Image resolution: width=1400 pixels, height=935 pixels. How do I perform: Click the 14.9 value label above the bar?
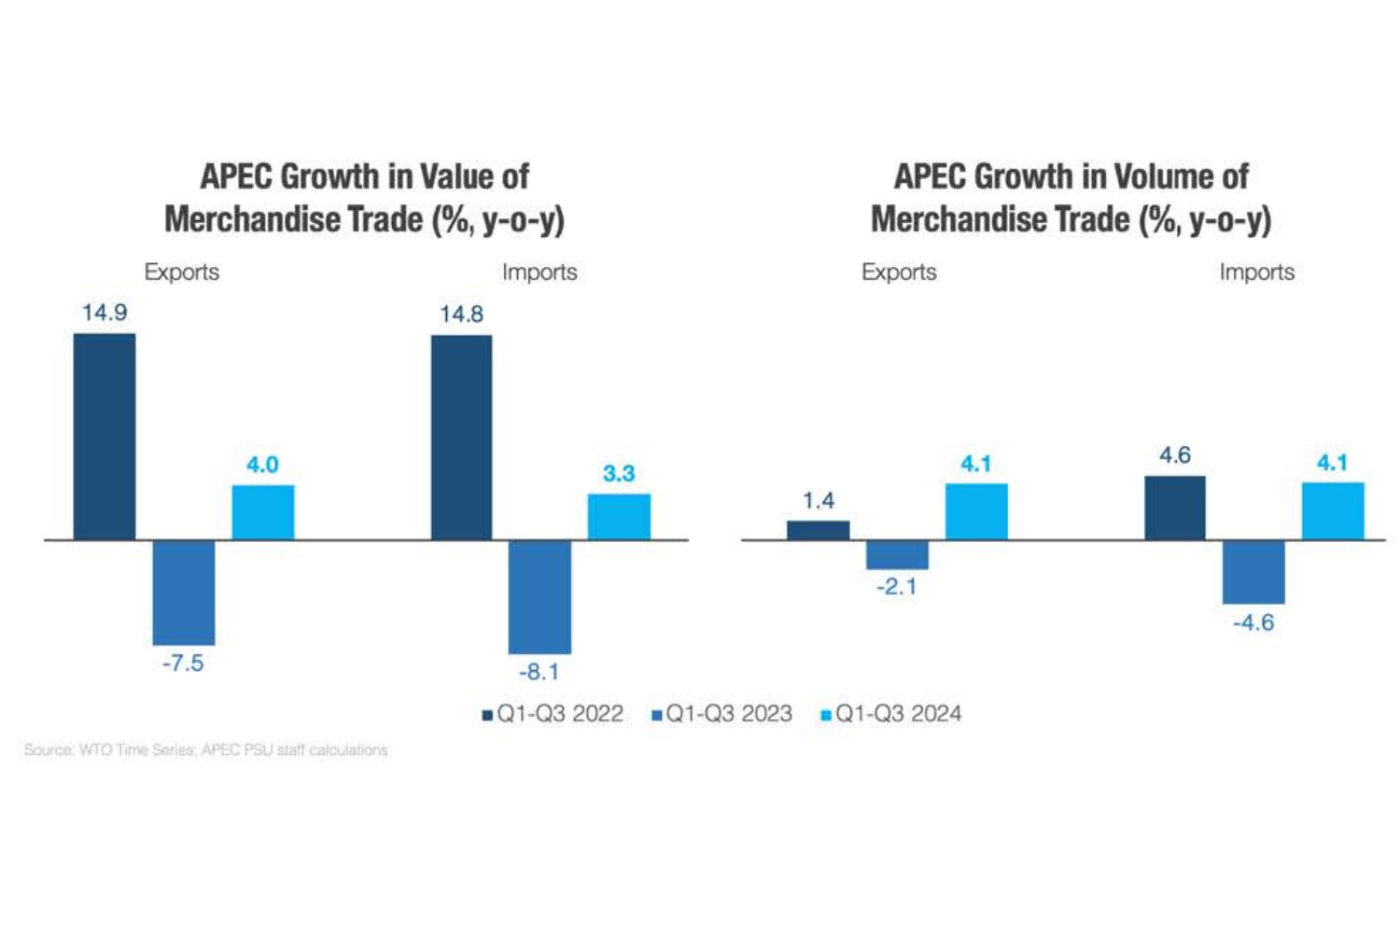coord(105,313)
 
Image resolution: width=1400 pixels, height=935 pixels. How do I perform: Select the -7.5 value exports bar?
coord(184,593)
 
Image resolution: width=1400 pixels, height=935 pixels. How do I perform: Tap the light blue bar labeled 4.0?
coord(263,512)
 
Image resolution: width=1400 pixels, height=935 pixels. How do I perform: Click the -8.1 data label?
coord(539,672)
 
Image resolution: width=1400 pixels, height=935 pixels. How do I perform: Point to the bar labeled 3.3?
coord(619,517)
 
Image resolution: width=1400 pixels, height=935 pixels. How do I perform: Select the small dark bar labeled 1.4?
coord(819,530)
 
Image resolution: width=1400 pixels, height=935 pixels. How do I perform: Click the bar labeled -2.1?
coord(897,555)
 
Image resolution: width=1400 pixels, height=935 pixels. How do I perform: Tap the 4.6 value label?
coord(1175,455)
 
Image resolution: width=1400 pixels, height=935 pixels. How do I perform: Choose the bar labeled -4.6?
coord(1253,572)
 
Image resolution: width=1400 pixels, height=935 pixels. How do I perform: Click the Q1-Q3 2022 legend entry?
coord(553,714)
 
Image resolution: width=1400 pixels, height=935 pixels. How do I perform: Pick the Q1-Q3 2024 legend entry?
coord(891,714)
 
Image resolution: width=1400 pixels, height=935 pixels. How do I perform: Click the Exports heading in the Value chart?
coord(182,272)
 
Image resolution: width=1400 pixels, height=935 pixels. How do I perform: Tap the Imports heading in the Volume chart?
coord(1256,272)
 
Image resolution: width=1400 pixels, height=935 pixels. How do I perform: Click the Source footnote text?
coord(205,750)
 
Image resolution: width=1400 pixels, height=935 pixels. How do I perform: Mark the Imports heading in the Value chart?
coord(539,272)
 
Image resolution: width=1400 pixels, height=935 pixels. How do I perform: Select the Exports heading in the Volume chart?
coord(899,272)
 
